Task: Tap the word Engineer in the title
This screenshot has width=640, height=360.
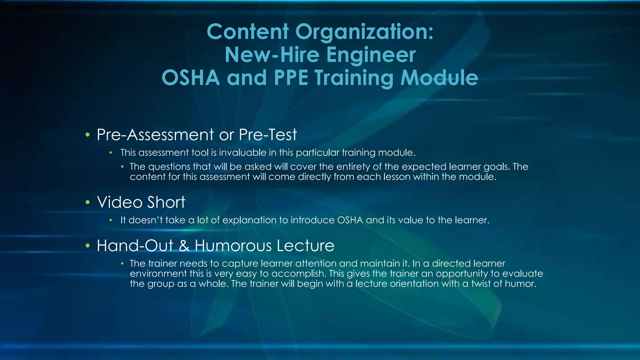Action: pos(371,55)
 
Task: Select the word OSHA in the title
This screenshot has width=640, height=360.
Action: pos(191,78)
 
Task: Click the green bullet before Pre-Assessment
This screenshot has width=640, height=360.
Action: pos(88,135)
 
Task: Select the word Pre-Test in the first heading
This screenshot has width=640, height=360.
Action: pos(268,135)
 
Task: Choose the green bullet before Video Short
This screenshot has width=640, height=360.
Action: pos(88,202)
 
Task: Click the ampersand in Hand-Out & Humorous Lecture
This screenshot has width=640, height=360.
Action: pos(184,246)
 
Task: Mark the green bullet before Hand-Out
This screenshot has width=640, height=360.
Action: pos(88,246)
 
